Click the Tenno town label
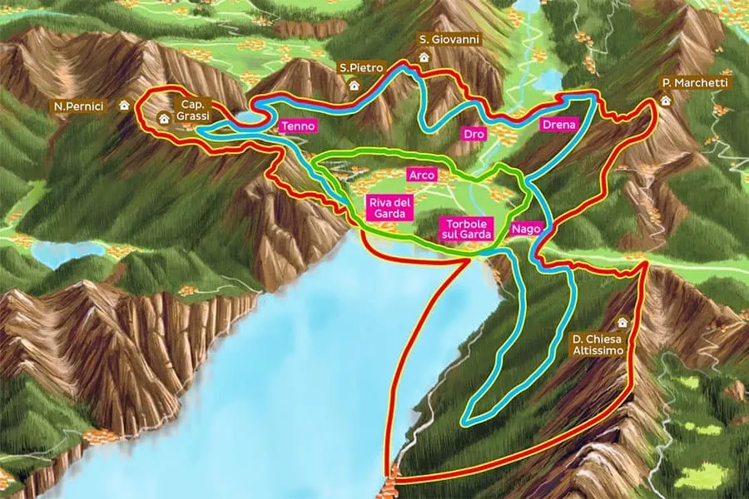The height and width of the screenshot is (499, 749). pyautogui.click(x=299, y=126)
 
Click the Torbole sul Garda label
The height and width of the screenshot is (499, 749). pyautogui.click(x=468, y=230)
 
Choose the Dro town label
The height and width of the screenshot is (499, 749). pyautogui.click(x=474, y=134)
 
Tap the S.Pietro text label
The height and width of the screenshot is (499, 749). pyautogui.click(x=355, y=67)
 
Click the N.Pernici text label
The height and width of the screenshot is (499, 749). pyautogui.click(x=83, y=106)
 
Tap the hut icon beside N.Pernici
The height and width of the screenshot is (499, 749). pyautogui.click(x=125, y=106)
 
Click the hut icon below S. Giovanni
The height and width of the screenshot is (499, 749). pyautogui.click(x=424, y=57)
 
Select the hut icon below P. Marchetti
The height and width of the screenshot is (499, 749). pyautogui.click(x=665, y=101)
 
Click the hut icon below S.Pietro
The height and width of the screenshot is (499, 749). pyautogui.click(x=354, y=84)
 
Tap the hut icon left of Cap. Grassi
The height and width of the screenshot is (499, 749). pyautogui.click(x=163, y=118)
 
